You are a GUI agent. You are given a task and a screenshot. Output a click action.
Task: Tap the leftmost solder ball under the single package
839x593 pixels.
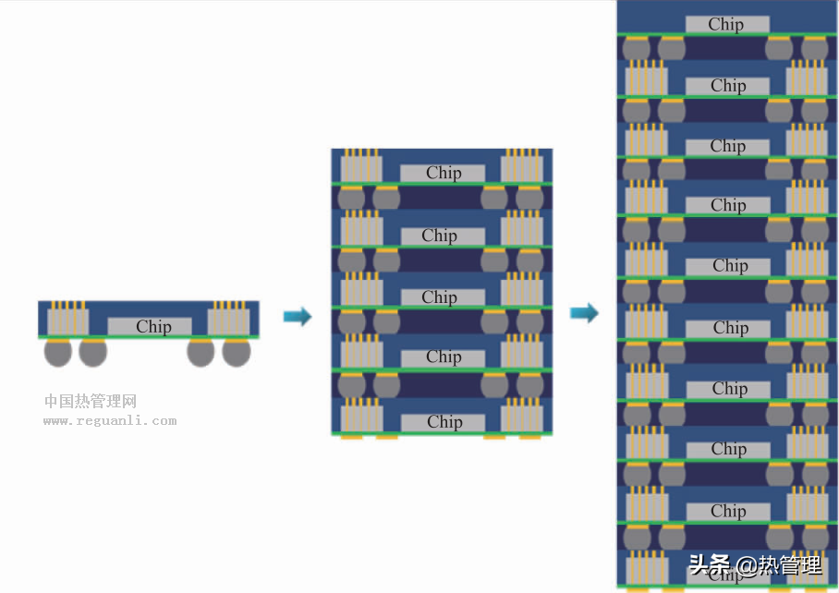pyautogui.click(x=58, y=352)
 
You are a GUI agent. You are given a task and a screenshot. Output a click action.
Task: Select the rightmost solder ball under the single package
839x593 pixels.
pyautogui.click(x=237, y=352)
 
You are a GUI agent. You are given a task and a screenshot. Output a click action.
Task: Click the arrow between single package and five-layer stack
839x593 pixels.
pyautogui.click(x=297, y=317)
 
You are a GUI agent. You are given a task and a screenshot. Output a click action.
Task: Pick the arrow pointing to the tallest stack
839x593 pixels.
pyautogui.click(x=584, y=313)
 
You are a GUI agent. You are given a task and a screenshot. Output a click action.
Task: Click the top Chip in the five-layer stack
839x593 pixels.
pyautogui.click(x=443, y=173)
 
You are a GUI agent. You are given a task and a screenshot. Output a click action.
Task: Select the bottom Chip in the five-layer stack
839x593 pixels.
pyautogui.click(x=443, y=422)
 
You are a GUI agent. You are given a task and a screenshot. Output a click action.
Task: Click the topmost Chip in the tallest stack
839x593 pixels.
pyautogui.click(x=726, y=25)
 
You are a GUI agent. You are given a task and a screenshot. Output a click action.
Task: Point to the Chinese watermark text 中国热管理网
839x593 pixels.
pyautogui.click(x=91, y=402)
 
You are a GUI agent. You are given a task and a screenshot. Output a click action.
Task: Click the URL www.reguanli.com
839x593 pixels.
pyautogui.click(x=109, y=421)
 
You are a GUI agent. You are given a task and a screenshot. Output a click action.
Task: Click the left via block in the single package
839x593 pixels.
pyautogui.click(x=68, y=321)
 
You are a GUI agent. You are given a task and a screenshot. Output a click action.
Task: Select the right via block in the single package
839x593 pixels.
pyautogui.click(x=228, y=321)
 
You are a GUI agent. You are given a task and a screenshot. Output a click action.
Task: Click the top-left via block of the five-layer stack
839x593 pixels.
pyautogui.click(x=361, y=168)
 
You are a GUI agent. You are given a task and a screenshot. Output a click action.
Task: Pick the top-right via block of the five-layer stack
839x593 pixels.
pyautogui.click(x=522, y=168)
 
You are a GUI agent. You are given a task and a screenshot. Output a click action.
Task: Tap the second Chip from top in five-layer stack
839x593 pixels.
pyautogui.click(x=440, y=236)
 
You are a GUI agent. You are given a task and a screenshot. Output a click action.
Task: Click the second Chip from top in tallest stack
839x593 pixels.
pyautogui.click(x=728, y=86)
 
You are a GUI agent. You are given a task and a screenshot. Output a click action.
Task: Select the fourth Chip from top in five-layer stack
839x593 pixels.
pyautogui.click(x=443, y=357)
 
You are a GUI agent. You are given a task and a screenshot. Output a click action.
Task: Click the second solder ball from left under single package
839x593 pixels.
pyautogui.click(x=92, y=352)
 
